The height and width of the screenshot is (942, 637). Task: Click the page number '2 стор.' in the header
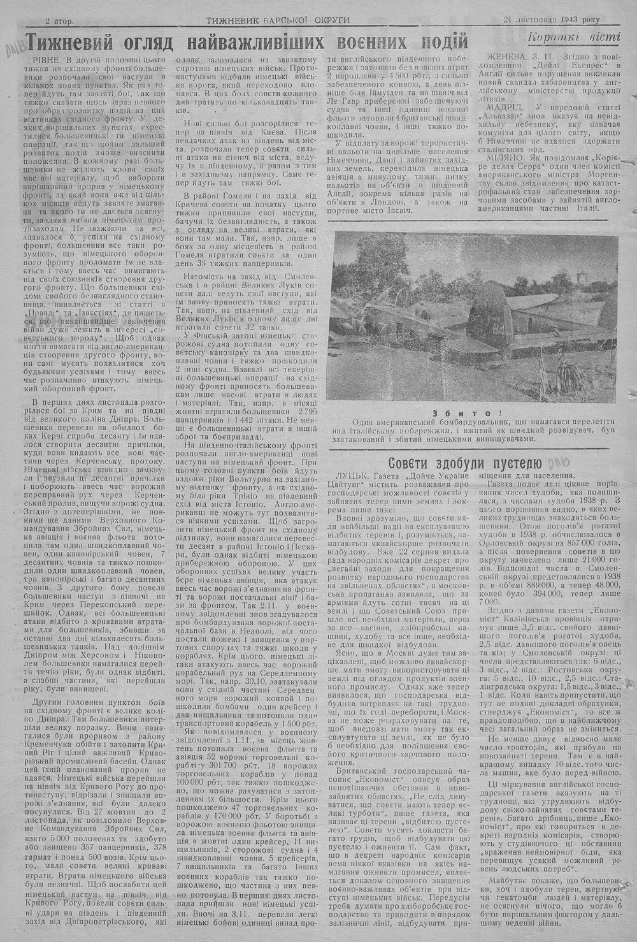[59, 21]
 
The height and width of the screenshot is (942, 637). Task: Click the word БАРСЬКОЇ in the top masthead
[288, 20]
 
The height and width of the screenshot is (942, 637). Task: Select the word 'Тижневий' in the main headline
[78, 42]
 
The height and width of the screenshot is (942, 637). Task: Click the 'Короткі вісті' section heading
[574, 36]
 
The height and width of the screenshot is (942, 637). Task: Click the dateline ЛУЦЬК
[350, 476]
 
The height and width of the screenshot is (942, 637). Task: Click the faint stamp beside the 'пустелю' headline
[563, 462]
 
